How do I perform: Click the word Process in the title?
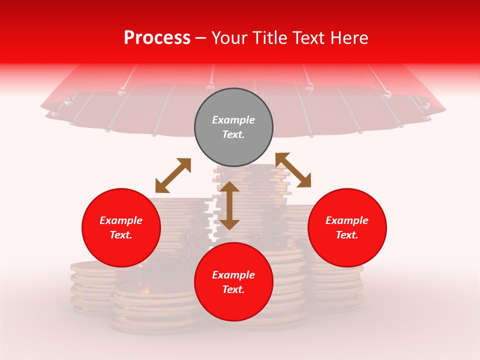[x=157, y=38]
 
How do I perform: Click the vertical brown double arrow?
[x=229, y=205]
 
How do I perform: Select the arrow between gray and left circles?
[x=173, y=175]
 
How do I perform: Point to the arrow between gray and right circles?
[x=293, y=170]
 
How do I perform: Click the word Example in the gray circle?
[x=233, y=120]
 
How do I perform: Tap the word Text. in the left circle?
[x=121, y=235]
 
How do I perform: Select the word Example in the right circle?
[x=347, y=220]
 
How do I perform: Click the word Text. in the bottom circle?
[x=233, y=289]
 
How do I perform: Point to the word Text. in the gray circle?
[x=233, y=134]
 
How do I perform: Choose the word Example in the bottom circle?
[x=233, y=275]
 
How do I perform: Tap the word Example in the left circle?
[x=121, y=220]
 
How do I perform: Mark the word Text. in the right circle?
[x=347, y=235]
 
